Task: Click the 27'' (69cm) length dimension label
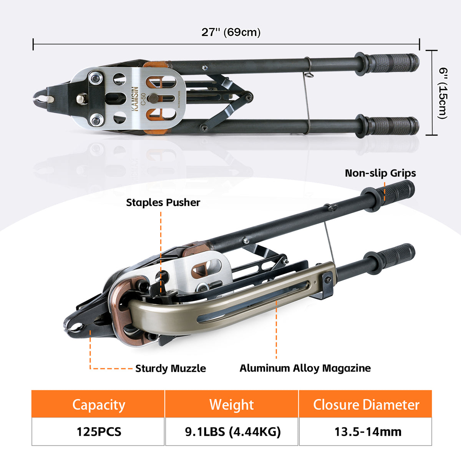click(x=231, y=32)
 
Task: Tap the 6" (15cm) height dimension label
click(x=443, y=93)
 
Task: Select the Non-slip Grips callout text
click(x=380, y=173)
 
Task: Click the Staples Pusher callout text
click(x=163, y=202)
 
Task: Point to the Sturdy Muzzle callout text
click(x=171, y=368)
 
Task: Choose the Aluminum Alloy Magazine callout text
click(x=305, y=368)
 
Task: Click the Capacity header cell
click(x=98, y=404)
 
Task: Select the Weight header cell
click(x=232, y=404)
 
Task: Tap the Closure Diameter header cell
click(x=366, y=404)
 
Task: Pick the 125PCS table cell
click(x=98, y=432)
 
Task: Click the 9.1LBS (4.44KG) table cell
click(x=232, y=432)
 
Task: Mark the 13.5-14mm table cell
click(x=366, y=432)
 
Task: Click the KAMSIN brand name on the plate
click(x=135, y=99)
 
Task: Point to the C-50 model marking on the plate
click(x=143, y=99)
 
